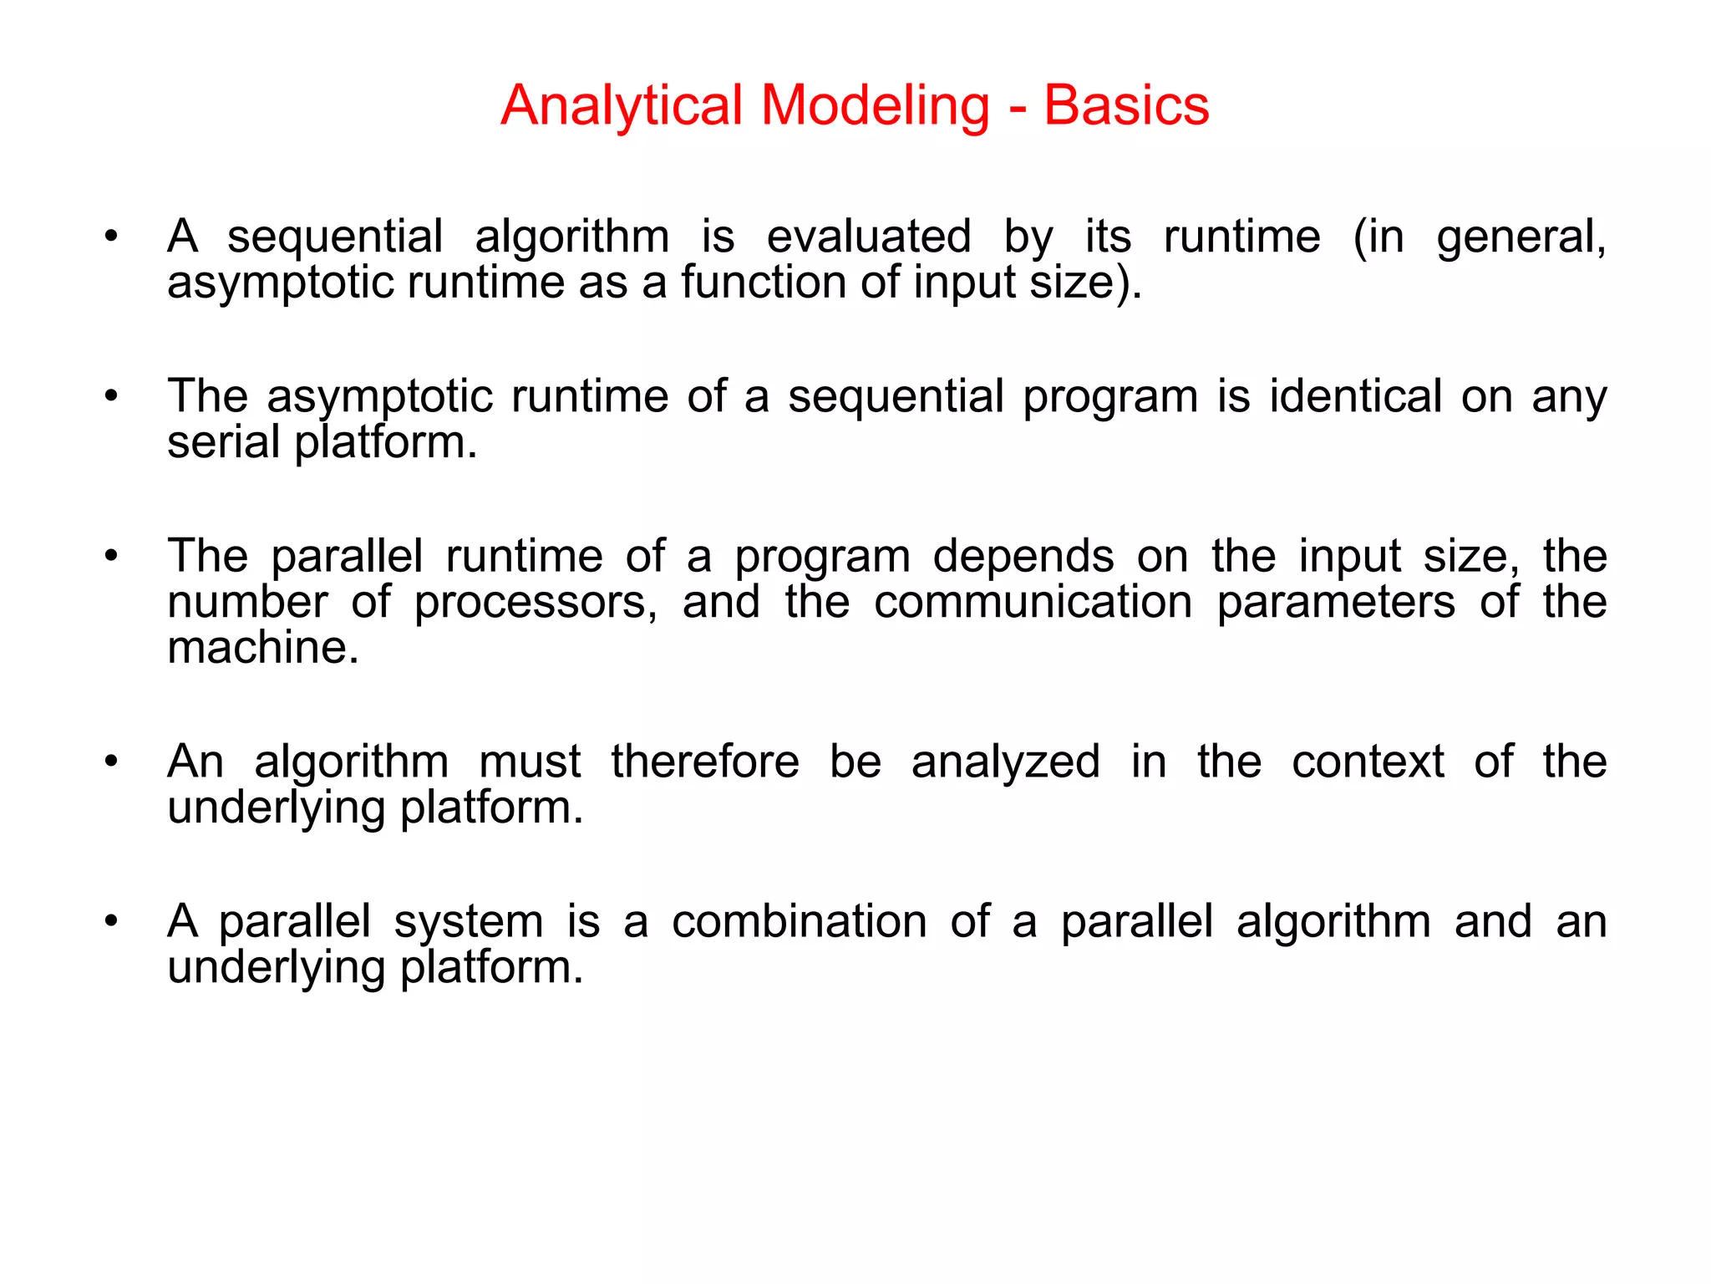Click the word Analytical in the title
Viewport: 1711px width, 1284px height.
(x=622, y=106)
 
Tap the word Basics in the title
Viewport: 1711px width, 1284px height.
(x=1125, y=106)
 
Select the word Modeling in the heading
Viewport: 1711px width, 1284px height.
(x=875, y=106)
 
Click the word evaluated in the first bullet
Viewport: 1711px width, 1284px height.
(x=869, y=237)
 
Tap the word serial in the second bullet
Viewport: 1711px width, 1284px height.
(x=223, y=441)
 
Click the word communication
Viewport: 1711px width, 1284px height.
(x=1033, y=602)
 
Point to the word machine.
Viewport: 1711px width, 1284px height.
(x=262, y=648)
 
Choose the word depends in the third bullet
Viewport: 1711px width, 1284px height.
(x=1023, y=557)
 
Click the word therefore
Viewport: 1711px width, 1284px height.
(x=704, y=762)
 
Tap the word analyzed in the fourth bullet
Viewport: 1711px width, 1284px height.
(x=1005, y=762)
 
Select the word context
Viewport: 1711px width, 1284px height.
(x=1368, y=762)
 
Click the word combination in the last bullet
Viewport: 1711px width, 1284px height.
(x=800, y=922)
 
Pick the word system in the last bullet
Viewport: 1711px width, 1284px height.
(x=469, y=923)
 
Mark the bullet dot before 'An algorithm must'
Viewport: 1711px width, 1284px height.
(x=111, y=762)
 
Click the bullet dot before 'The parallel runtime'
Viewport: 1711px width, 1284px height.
(x=111, y=556)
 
